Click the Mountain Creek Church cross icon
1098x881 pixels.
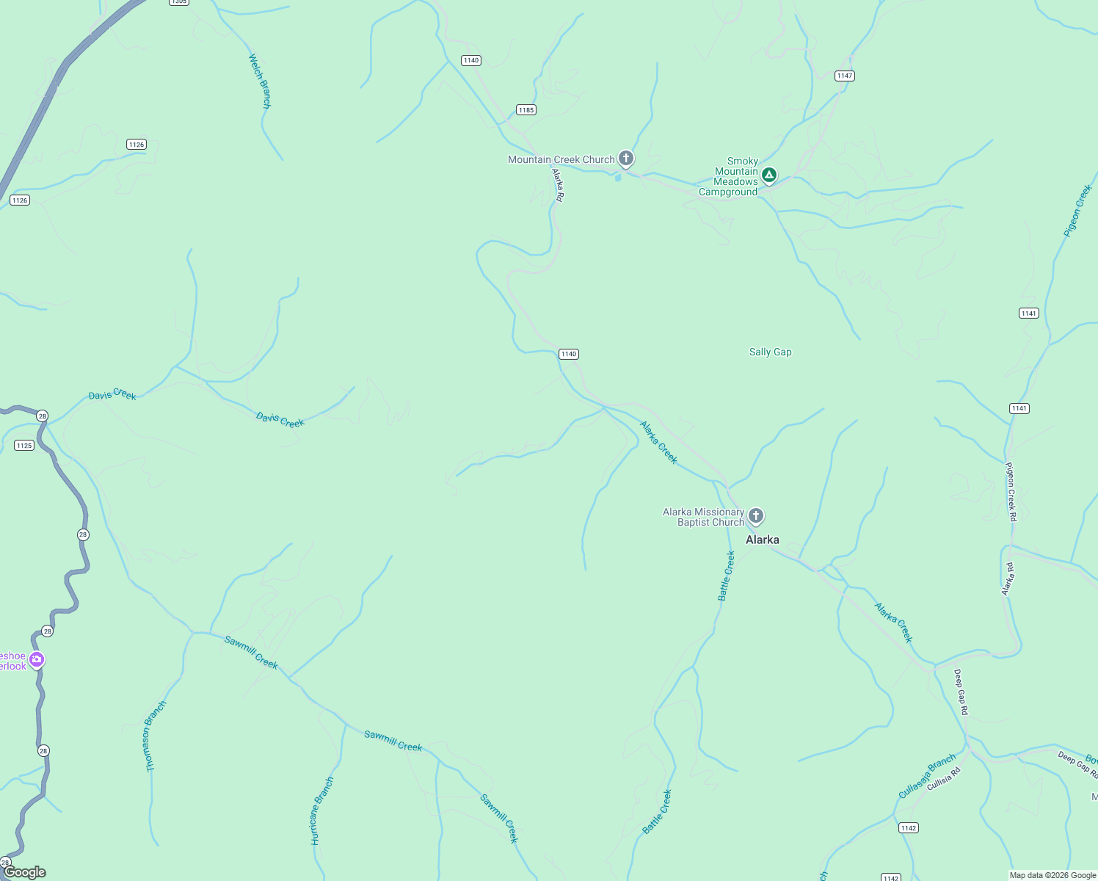click(625, 158)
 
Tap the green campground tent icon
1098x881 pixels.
click(768, 175)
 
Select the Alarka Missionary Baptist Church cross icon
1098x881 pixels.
click(755, 516)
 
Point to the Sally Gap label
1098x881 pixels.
click(770, 352)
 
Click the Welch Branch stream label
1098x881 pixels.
click(260, 81)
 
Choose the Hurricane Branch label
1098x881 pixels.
click(321, 811)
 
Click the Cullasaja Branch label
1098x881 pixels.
click(927, 775)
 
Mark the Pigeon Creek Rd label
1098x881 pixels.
click(1011, 491)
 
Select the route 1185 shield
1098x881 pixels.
click(526, 110)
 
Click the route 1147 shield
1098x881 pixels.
click(844, 76)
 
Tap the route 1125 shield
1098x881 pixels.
click(24, 445)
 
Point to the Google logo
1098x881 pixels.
click(24, 872)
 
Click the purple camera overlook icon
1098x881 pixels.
click(36, 660)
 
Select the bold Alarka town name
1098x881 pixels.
click(762, 540)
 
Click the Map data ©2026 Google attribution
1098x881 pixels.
click(1052, 875)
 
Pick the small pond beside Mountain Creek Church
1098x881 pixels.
click(618, 177)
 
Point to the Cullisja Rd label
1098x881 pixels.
click(943, 778)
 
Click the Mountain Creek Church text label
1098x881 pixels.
click(561, 159)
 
